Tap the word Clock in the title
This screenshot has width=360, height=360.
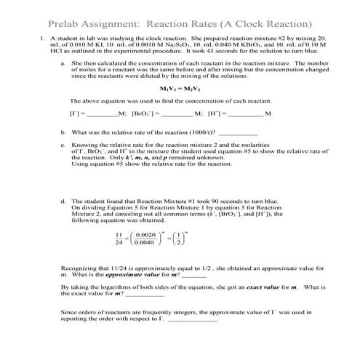click(x=279, y=21)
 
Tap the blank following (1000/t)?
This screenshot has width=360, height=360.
click(x=197, y=133)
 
